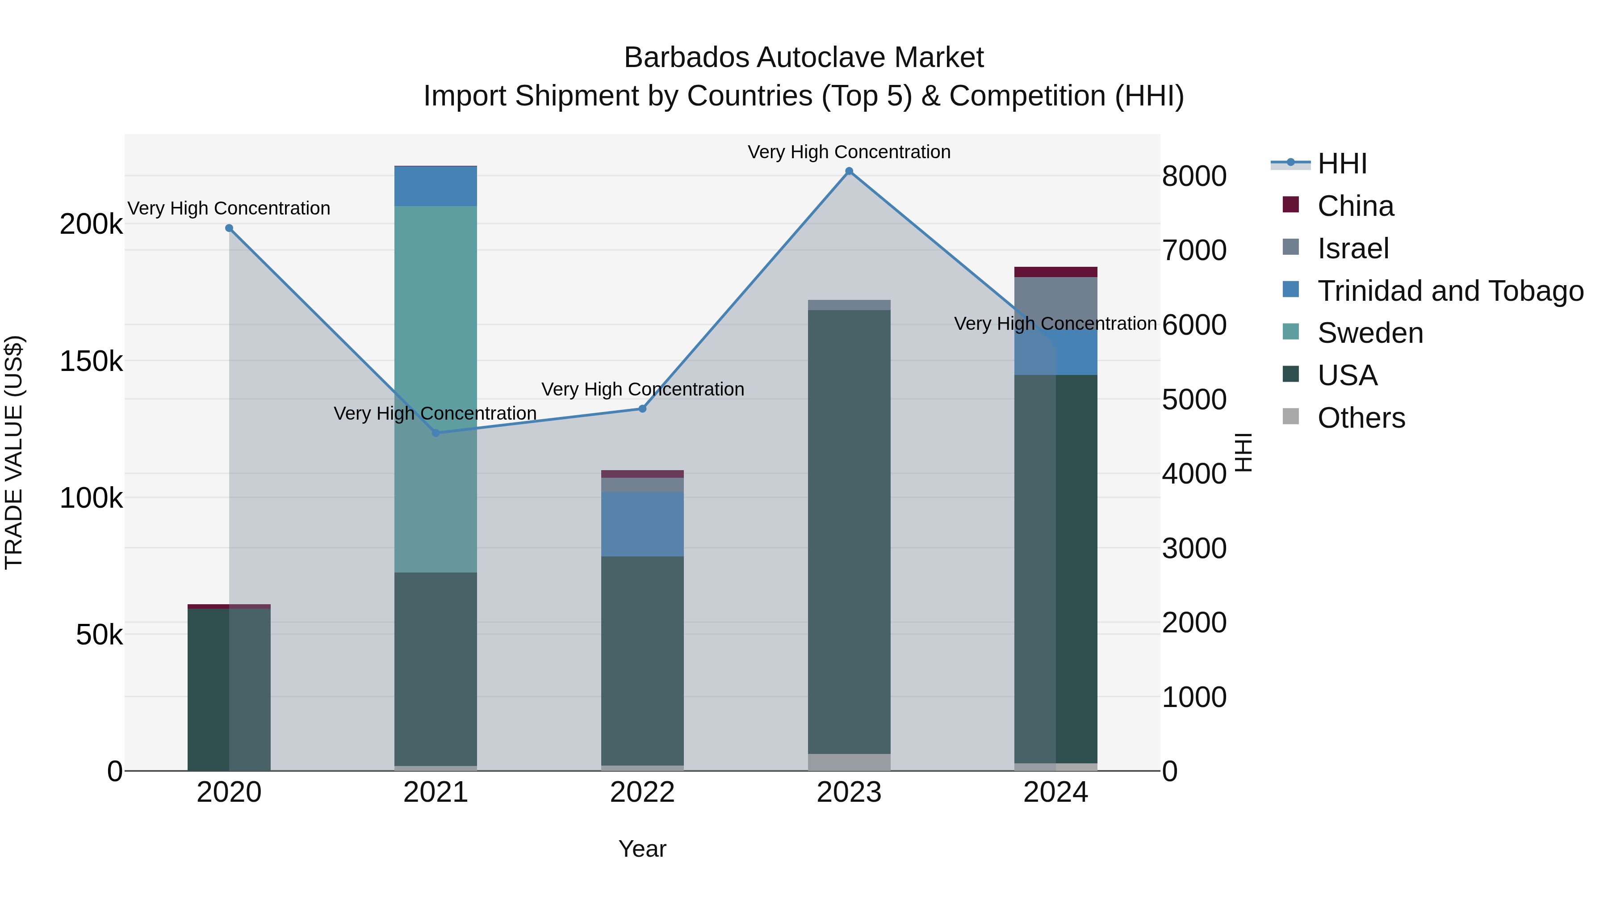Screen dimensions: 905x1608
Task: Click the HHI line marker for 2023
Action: pos(849,171)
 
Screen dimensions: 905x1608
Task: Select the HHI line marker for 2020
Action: pos(229,228)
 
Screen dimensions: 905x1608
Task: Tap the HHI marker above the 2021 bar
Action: pos(435,433)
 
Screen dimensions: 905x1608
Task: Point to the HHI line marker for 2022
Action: pos(642,409)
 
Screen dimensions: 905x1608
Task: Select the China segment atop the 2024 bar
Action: pos(1055,272)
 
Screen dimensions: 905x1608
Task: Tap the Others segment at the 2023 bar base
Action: pos(849,762)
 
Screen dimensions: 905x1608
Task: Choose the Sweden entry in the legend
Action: pos(1370,333)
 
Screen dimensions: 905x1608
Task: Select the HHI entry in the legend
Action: pos(1342,164)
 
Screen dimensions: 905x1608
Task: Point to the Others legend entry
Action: pos(1361,418)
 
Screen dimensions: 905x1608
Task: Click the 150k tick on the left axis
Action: pos(91,361)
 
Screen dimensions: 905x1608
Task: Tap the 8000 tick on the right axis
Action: pos(1194,176)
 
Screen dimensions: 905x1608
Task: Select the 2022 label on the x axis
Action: pos(642,792)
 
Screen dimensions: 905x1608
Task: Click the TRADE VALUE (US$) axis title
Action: pos(14,452)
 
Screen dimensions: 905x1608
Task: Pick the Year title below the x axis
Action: pos(642,849)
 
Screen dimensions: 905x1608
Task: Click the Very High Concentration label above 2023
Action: pos(849,152)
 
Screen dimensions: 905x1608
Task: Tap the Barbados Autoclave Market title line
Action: pos(804,58)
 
